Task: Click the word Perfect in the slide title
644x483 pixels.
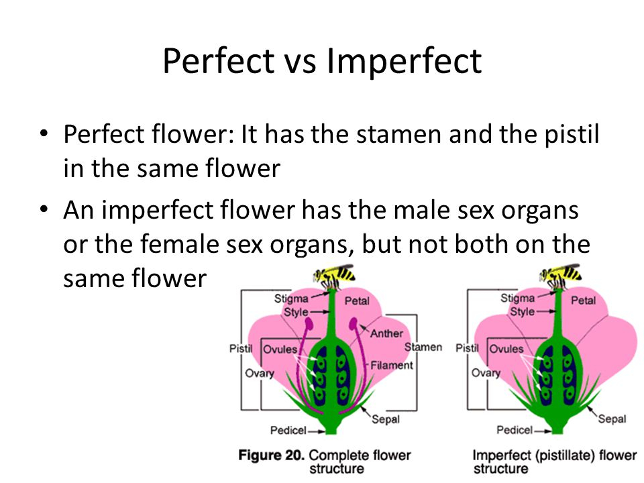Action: click(219, 62)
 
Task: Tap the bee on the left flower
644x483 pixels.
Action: click(333, 274)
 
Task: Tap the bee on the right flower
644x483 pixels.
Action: click(560, 274)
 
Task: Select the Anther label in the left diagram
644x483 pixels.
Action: click(386, 333)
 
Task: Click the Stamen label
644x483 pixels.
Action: click(423, 347)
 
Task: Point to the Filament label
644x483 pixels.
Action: click(392, 366)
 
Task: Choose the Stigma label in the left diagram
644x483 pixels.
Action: click(291, 299)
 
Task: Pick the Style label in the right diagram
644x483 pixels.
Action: click(522, 312)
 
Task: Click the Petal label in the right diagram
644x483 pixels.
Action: click(583, 301)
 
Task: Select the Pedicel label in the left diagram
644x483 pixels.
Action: click(288, 429)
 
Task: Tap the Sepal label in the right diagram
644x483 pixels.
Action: click(611, 419)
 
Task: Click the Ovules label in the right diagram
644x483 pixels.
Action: click(506, 350)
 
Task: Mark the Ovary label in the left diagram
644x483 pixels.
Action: click(259, 373)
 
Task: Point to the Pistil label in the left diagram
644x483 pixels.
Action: click(239, 349)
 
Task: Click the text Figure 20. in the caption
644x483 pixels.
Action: click(271, 455)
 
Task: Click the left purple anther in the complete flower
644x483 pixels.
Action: click(309, 327)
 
